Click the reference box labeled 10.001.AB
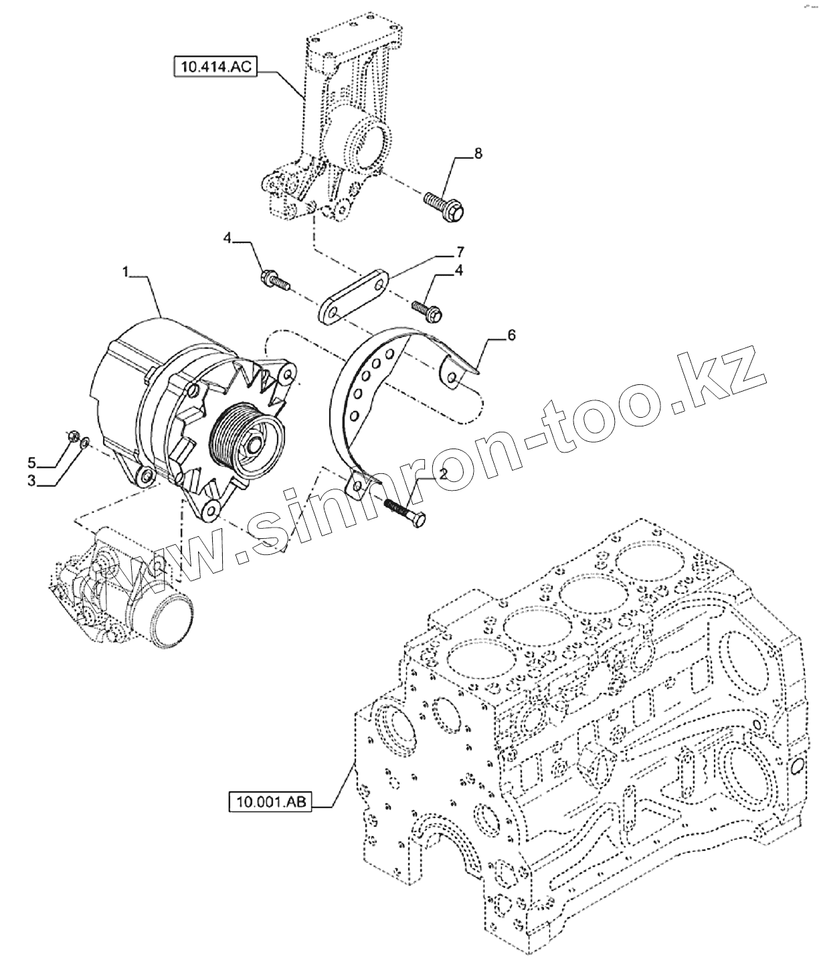coord(270,801)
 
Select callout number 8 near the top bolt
coord(478,153)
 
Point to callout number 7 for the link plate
coord(460,252)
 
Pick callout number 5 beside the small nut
coord(31,462)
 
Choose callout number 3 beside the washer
coord(31,481)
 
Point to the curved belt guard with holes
coord(361,395)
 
